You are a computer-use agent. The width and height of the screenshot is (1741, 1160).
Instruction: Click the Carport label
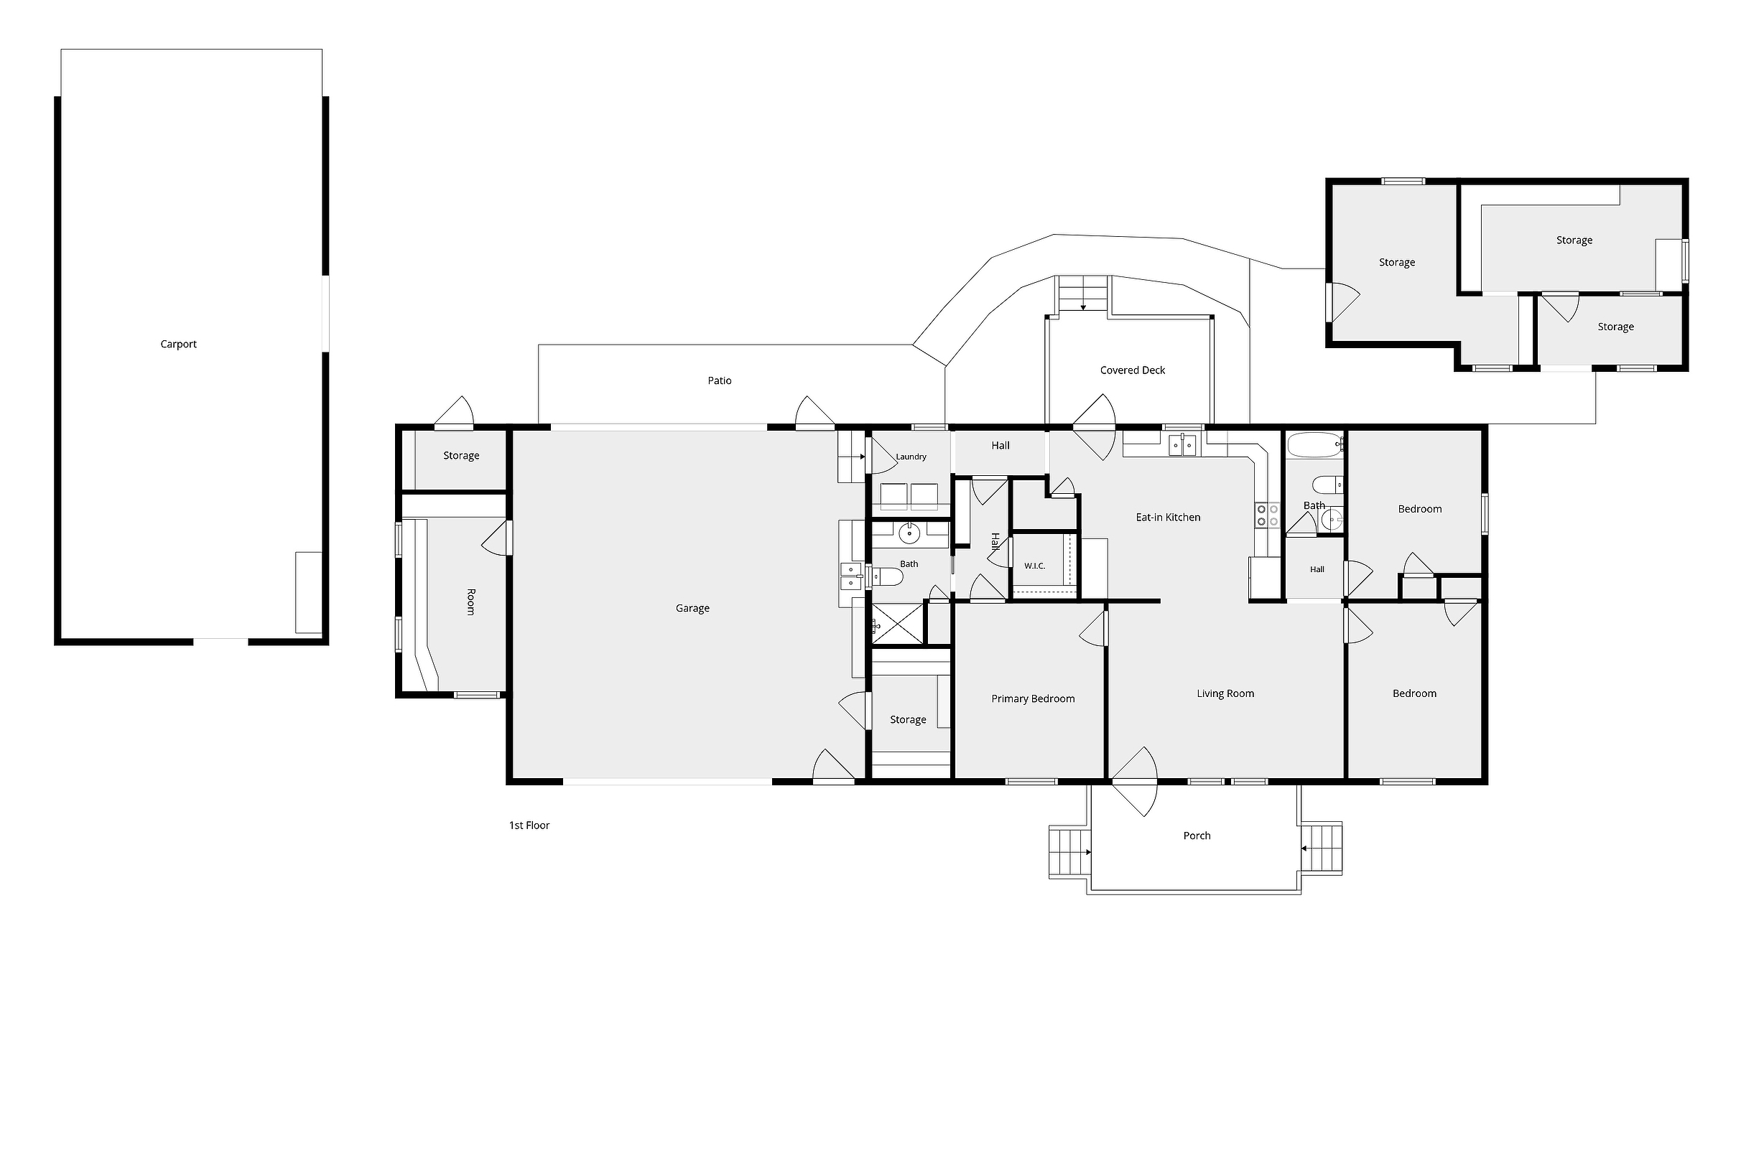pos(178,344)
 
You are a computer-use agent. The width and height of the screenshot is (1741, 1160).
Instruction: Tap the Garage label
pos(692,608)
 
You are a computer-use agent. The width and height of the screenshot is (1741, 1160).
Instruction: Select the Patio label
pos(720,380)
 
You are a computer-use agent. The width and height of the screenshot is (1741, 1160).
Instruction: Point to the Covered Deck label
pos(1133,370)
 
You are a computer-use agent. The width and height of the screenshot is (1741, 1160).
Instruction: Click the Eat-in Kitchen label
pos(1168,517)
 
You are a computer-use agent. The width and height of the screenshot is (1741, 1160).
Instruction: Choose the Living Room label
pos(1225,693)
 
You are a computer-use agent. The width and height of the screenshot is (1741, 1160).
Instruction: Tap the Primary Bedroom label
pos(1033,698)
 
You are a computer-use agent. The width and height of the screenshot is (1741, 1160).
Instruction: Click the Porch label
pos(1197,836)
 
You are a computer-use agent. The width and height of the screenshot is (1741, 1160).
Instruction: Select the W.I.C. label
pos(1035,566)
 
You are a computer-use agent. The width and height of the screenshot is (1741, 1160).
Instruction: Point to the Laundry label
pos(911,457)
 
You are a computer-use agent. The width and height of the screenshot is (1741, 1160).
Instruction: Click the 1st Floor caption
pos(529,825)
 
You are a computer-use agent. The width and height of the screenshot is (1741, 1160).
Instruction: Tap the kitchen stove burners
pos(1267,515)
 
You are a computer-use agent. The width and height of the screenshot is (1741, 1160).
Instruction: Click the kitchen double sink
pos(1182,446)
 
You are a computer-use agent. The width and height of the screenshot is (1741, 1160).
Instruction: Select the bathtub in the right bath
pos(1315,445)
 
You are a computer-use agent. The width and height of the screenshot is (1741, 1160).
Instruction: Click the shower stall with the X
pos(898,623)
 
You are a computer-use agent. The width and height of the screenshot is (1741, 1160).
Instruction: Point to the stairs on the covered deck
pos(1083,293)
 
